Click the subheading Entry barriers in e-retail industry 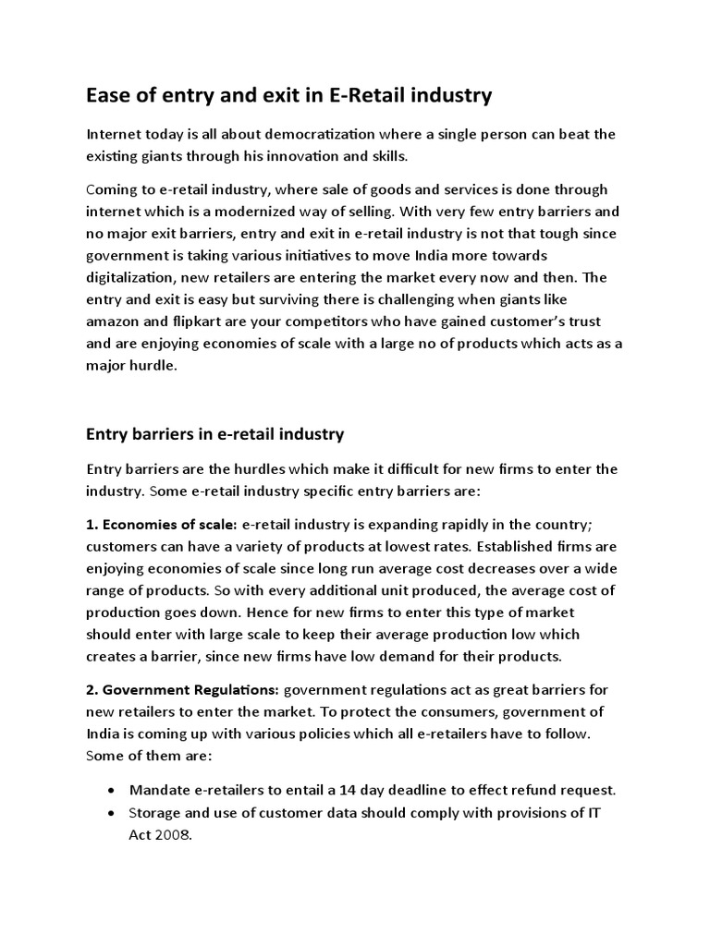coord(214,433)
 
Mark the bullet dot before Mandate coord(112,790)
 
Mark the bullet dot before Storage coord(112,812)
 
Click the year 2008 coord(177,833)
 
